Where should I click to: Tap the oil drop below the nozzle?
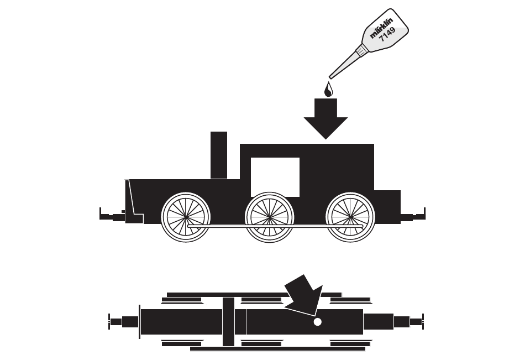(x=328, y=89)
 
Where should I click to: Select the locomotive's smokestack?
(x=219, y=155)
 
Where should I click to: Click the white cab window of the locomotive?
(x=275, y=177)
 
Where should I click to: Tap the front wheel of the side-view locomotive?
(x=186, y=217)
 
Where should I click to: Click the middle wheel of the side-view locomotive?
(x=270, y=217)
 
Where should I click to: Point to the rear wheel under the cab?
(x=351, y=217)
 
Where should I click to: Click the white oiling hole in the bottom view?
(x=317, y=322)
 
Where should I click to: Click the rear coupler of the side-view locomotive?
(x=414, y=216)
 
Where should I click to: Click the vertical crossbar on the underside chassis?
(x=228, y=321)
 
